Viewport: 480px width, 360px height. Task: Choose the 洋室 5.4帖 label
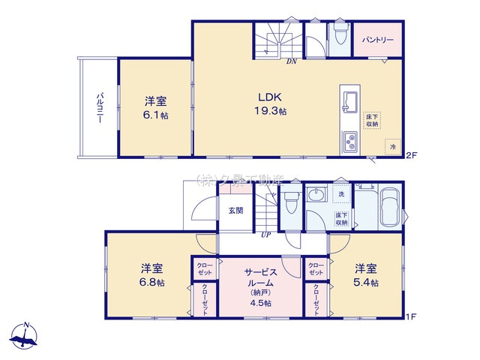pos(367,275)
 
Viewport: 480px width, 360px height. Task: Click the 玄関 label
pos(235,211)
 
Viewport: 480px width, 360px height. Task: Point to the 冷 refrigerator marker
pos(394,147)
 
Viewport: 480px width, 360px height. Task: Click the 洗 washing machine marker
pos(341,194)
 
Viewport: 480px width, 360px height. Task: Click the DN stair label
pos(291,62)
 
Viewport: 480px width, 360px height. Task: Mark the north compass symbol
pos(27,336)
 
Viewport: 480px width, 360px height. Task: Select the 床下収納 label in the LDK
pos(373,119)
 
